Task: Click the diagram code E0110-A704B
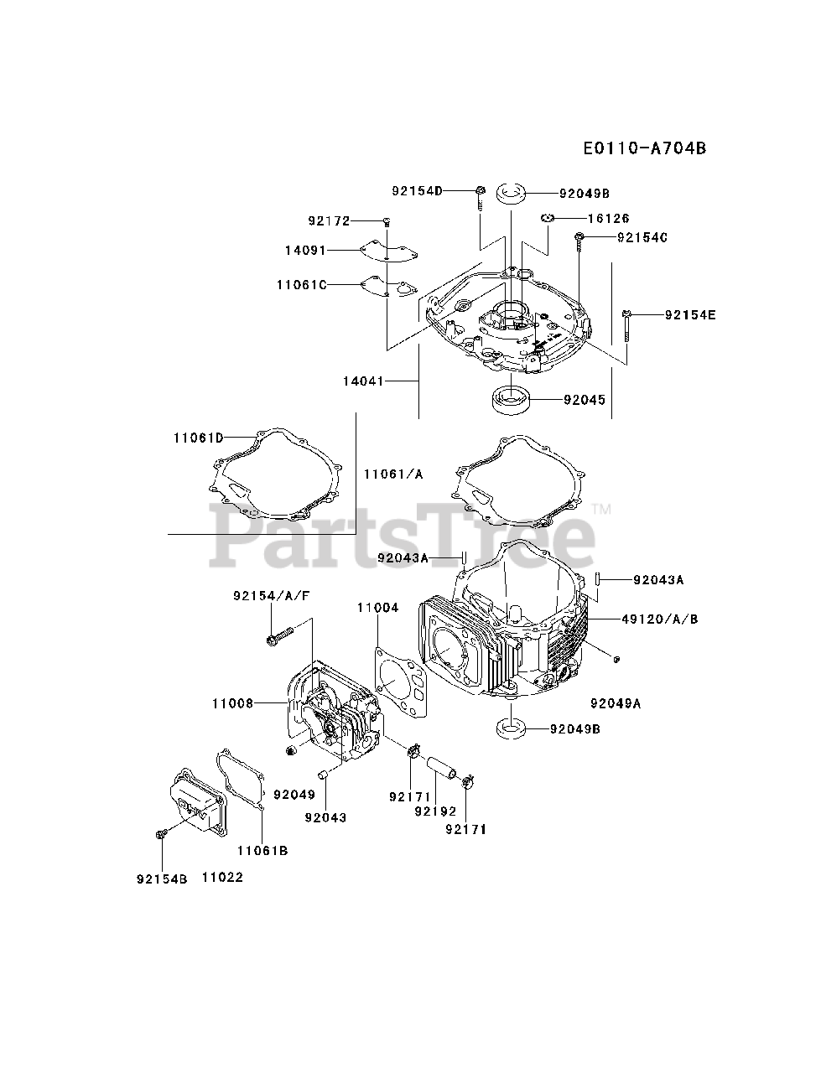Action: [x=645, y=148]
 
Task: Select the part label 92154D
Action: [x=417, y=190]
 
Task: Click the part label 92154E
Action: [x=691, y=315]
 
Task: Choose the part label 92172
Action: [x=329, y=221]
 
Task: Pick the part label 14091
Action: [x=305, y=250]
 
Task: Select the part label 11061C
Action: [x=301, y=284]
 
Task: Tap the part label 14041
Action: [x=362, y=381]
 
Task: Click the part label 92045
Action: [x=585, y=400]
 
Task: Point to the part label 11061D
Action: [x=199, y=437]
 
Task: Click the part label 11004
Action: [x=377, y=607]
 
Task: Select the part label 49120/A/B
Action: [x=660, y=619]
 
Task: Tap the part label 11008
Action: [x=232, y=703]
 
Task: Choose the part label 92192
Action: [x=434, y=811]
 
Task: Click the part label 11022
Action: [x=222, y=878]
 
